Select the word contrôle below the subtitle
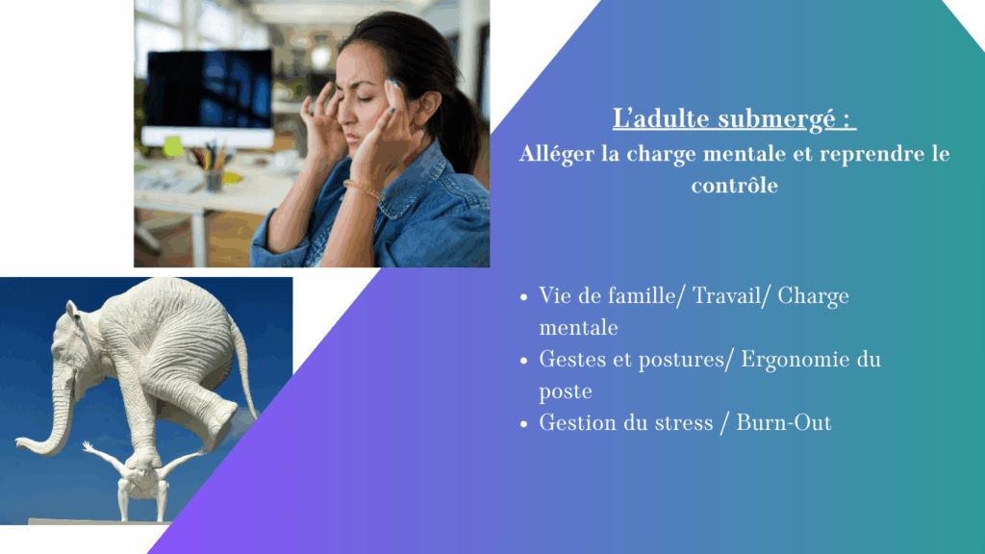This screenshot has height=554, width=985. [734, 186]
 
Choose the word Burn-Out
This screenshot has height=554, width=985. [783, 423]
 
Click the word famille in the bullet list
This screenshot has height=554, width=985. [645, 296]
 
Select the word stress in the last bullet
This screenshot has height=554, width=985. [684, 423]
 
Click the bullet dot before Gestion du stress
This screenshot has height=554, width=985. [524, 424]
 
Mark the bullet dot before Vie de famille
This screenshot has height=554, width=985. [524, 297]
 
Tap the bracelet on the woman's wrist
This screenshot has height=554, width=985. [363, 189]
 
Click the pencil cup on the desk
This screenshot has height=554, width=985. [214, 180]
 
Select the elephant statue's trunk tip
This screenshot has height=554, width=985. [21, 444]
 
